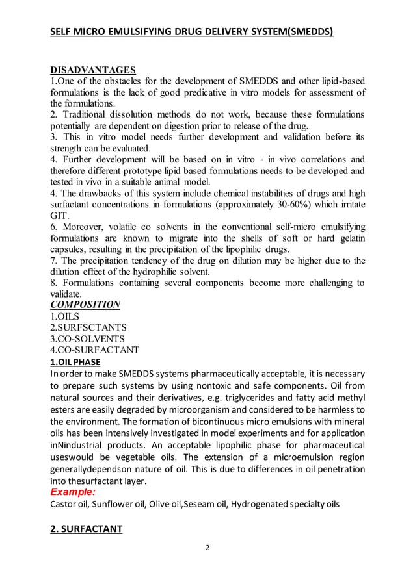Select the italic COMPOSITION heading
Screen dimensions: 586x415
pyautogui.click(x=85, y=304)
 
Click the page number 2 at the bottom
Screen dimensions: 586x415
pyautogui.click(x=207, y=547)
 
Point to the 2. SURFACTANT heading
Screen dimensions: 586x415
pyautogui.click(x=87, y=529)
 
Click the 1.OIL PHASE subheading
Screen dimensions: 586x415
pyautogui.click(x=75, y=362)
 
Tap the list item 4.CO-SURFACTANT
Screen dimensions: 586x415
pyautogui.click(x=95, y=350)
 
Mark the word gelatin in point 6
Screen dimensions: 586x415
pyautogui.click(x=349, y=238)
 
